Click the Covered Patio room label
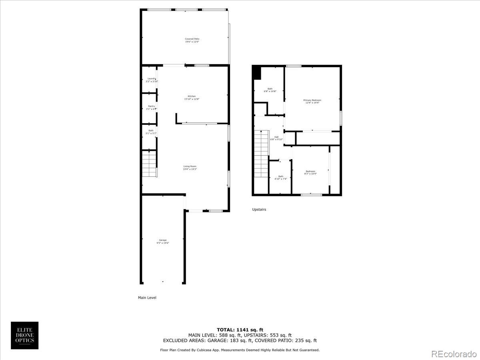pos(192,40)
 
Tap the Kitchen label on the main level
pos(192,98)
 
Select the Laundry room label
pos(152,80)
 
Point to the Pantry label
pos(151,107)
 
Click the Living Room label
pos(190,168)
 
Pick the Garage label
pos(162,241)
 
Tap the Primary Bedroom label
pos(312,101)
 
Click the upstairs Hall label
pos(276,138)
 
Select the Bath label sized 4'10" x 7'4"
pos(280,178)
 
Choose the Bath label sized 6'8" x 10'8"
pos(270,90)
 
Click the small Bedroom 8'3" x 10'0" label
pos(310,172)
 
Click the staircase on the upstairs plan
pos(261,154)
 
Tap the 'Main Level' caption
pos(147,298)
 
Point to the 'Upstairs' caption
pos(259,209)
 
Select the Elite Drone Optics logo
pos(24,335)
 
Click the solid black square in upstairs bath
pos(257,73)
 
